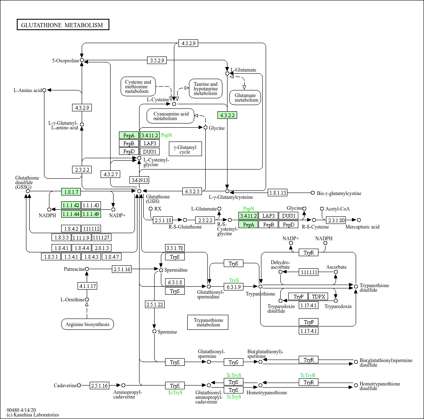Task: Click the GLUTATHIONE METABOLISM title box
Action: click(63, 25)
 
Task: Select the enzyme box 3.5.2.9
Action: click(157, 60)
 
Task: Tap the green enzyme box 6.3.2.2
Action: click(228, 116)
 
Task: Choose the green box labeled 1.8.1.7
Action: click(71, 192)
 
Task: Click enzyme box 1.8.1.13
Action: click(277, 193)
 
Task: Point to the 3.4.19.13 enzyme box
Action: click(140, 180)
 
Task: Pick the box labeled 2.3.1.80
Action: click(336, 220)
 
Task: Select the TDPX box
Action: click(318, 296)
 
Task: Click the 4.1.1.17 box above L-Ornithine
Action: click(87, 286)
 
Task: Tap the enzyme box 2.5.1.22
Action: click(155, 304)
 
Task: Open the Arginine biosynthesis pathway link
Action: click(88, 324)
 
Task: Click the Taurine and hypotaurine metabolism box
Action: click(206, 89)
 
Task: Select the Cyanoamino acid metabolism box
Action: click(171, 116)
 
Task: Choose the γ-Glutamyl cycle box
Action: click(185, 149)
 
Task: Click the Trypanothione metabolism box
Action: click(208, 322)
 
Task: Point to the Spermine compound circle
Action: click(155, 331)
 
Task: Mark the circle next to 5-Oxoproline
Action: click(82, 60)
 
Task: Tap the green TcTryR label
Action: click(308, 375)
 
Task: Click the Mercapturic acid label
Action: click(362, 227)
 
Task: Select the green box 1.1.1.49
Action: click(91, 214)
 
